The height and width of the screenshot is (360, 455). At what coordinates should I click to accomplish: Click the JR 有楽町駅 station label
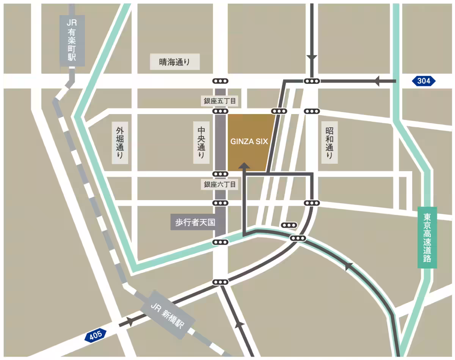pos(72,40)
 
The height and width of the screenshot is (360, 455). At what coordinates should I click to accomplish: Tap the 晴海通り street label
pos(174,62)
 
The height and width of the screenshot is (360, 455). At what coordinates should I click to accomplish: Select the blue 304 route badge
pos(424,81)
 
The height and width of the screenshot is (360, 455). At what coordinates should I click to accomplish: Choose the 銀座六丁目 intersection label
pos(220,185)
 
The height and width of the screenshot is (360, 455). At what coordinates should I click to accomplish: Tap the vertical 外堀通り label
pos(120,142)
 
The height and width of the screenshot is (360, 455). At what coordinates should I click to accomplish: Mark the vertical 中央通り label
pos(201,142)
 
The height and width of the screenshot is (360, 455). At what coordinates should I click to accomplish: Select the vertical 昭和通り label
pos(329,142)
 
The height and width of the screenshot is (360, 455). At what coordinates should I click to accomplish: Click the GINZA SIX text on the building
pos(249,142)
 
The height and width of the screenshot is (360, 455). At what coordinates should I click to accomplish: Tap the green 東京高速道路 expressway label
pos(427,238)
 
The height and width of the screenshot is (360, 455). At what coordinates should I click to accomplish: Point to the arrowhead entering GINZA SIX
pos(244,166)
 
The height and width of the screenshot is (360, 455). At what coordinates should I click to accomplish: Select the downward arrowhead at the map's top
pos(312,58)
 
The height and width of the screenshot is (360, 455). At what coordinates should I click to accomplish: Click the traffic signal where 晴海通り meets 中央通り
pos(220,81)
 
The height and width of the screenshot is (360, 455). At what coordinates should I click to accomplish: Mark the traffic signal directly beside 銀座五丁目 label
pos(220,111)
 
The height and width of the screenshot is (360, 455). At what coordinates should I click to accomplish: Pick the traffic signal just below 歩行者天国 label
pos(220,242)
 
